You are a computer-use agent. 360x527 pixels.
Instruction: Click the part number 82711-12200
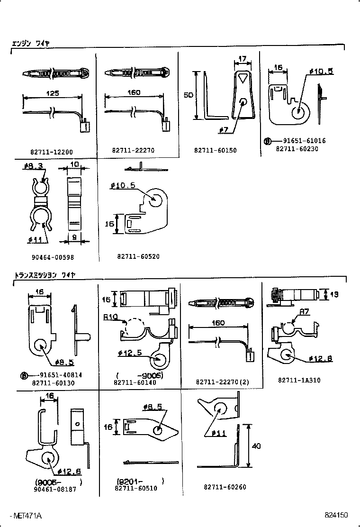(x=51, y=152)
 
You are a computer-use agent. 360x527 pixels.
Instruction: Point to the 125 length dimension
(x=53, y=93)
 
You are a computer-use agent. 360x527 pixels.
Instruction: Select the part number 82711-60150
(x=215, y=150)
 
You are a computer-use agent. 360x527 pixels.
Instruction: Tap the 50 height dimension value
(x=188, y=95)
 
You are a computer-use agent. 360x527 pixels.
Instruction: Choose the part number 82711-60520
(x=138, y=256)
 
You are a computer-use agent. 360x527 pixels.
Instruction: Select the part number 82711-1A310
(x=299, y=380)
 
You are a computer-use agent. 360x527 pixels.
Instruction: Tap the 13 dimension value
(x=334, y=294)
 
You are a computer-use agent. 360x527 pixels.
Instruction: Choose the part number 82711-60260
(x=225, y=487)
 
